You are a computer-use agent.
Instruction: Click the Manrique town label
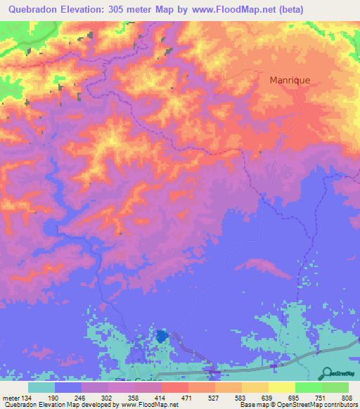[x=290, y=80]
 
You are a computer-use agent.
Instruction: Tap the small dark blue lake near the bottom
[x=163, y=337]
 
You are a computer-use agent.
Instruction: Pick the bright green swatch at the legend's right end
[x=336, y=387]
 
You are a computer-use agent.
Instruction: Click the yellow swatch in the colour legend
[x=283, y=387]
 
